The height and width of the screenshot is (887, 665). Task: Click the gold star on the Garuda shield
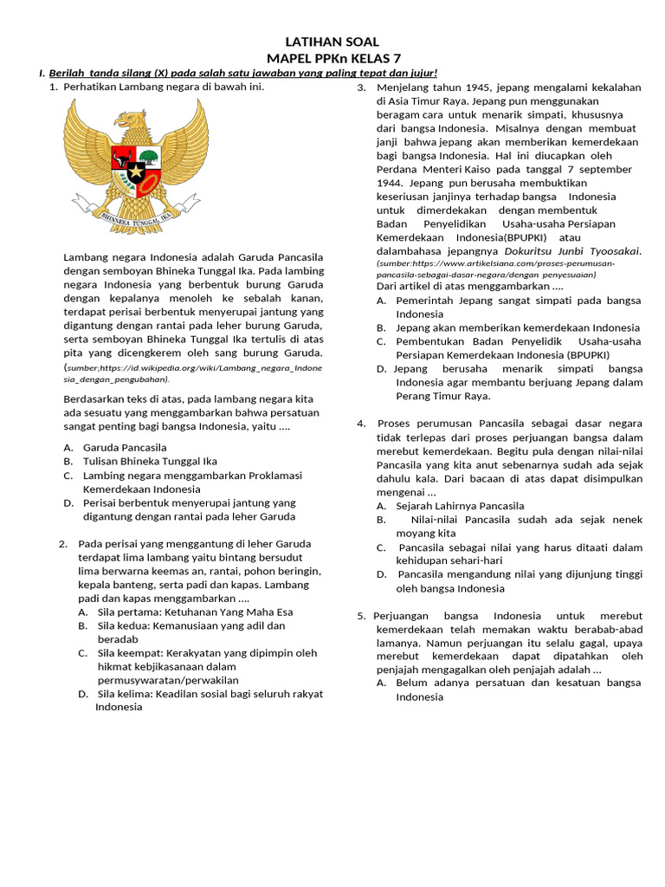click(x=137, y=171)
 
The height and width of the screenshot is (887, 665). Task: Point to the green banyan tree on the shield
click(x=149, y=159)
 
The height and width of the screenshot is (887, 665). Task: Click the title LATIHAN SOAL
click(x=332, y=42)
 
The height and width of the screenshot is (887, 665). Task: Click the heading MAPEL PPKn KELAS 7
click(x=332, y=58)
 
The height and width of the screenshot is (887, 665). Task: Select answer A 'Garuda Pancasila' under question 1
click(x=124, y=448)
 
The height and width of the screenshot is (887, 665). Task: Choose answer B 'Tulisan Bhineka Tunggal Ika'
click(x=149, y=462)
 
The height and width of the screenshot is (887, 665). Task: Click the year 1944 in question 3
click(x=389, y=184)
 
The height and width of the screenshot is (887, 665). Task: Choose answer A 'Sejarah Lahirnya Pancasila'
click(x=460, y=506)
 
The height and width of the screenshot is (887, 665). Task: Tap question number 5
click(x=362, y=616)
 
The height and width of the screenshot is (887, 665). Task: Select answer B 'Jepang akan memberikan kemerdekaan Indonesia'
click(x=518, y=327)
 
